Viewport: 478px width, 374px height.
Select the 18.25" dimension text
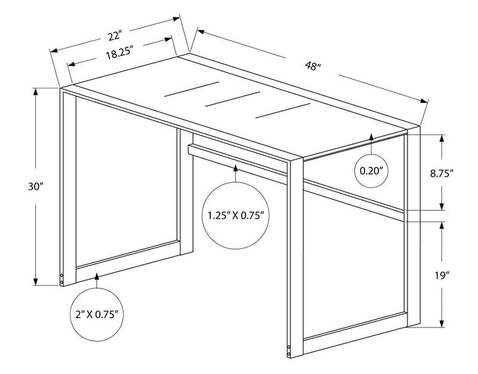[x=118, y=53]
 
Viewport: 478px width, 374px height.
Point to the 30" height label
[x=35, y=186]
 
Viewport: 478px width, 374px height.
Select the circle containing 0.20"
[x=371, y=170]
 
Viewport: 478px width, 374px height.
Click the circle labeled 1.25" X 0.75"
[x=236, y=214]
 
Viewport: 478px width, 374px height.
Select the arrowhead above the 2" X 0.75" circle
[x=97, y=277]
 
